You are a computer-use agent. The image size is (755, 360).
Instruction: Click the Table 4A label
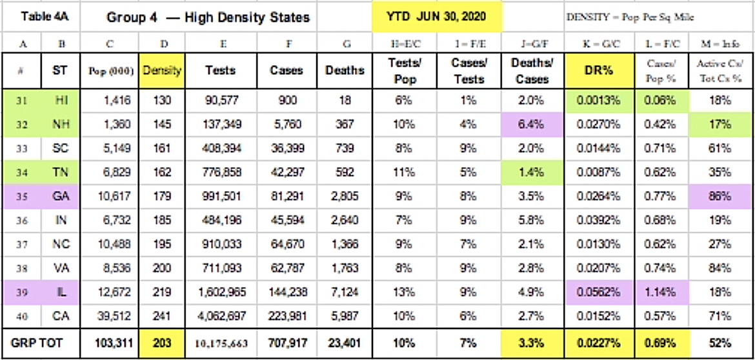coord(41,17)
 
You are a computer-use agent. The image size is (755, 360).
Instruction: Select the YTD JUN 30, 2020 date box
coord(437,17)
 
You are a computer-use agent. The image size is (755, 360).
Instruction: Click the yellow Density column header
coord(162,70)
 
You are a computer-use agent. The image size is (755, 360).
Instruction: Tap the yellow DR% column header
coord(598,70)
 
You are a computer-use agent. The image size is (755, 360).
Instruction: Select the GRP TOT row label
coord(41,343)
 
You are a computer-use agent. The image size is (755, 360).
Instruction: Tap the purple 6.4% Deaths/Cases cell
coord(532,125)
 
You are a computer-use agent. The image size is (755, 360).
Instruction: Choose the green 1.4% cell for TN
coord(532,173)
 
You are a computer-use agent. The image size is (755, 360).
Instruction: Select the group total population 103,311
coord(112,343)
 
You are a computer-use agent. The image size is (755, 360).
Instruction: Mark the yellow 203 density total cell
coord(162,343)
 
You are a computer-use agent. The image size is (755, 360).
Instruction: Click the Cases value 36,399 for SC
coord(287,149)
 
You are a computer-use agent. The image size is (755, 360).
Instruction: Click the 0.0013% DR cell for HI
coord(598,101)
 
